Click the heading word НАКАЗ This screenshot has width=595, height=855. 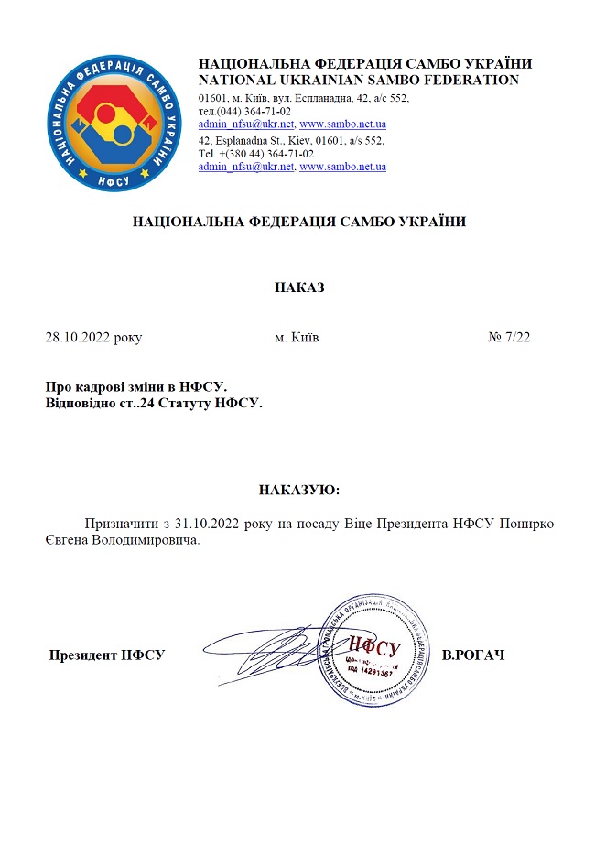pos(299,287)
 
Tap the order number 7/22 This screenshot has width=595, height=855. pos(515,338)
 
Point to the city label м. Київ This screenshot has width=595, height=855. pos(297,338)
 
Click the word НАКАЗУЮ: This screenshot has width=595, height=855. pos(299,490)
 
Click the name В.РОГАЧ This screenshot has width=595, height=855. pos(473,655)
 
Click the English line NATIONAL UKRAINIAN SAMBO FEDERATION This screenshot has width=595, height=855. pos(359,80)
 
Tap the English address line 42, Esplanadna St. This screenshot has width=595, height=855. pos(291,140)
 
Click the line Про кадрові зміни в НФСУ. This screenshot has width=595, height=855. pos(135,387)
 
